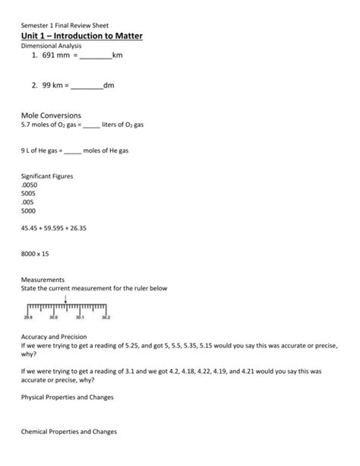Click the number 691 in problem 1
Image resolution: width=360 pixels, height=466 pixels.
pyautogui.click(x=43, y=56)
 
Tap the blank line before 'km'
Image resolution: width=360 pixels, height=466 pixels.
pyautogui.click(x=95, y=58)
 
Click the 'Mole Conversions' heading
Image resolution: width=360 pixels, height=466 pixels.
pyautogui.click(x=51, y=115)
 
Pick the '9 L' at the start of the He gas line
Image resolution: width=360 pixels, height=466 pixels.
pyautogui.click(x=25, y=151)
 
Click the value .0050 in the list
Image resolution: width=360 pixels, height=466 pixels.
pyautogui.click(x=29, y=185)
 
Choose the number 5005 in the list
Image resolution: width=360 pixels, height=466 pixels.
pyautogui.click(x=28, y=194)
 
